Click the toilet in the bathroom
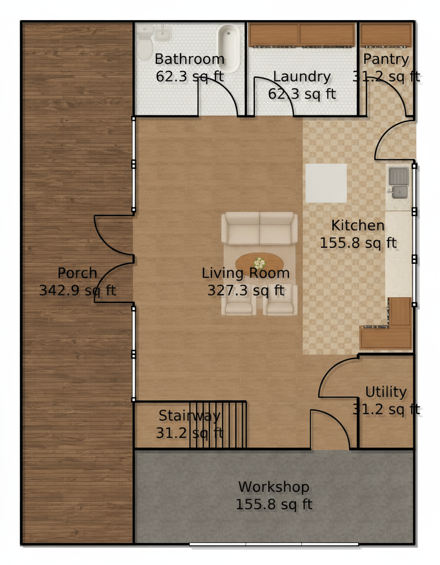pyautogui.click(x=145, y=43)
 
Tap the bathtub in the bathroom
pyautogui.click(x=229, y=48)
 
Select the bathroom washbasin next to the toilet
pyautogui.click(x=163, y=34)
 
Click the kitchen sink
pyautogui.click(x=398, y=182)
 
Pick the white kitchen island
pyautogui.click(x=326, y=183)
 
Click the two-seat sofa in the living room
pyautogui.click(x=259, y=229)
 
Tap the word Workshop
pyautogui.click(x=274, y=487)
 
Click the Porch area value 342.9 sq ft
pyautogui.click(x=78, y=290)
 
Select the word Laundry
pyautogui.click(x=302, y=77)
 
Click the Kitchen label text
pyautogui.click(x=358, y=226)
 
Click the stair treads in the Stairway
pyautogui.click(x=218, y=425)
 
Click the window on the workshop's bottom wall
pyautogui.click(x=274, y=544)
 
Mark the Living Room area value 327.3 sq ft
pyautogui.click(x=246, y=290)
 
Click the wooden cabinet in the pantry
pyautogui.click(x=386, y=35)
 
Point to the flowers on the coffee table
pyautogui.click(x=259, y=263)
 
